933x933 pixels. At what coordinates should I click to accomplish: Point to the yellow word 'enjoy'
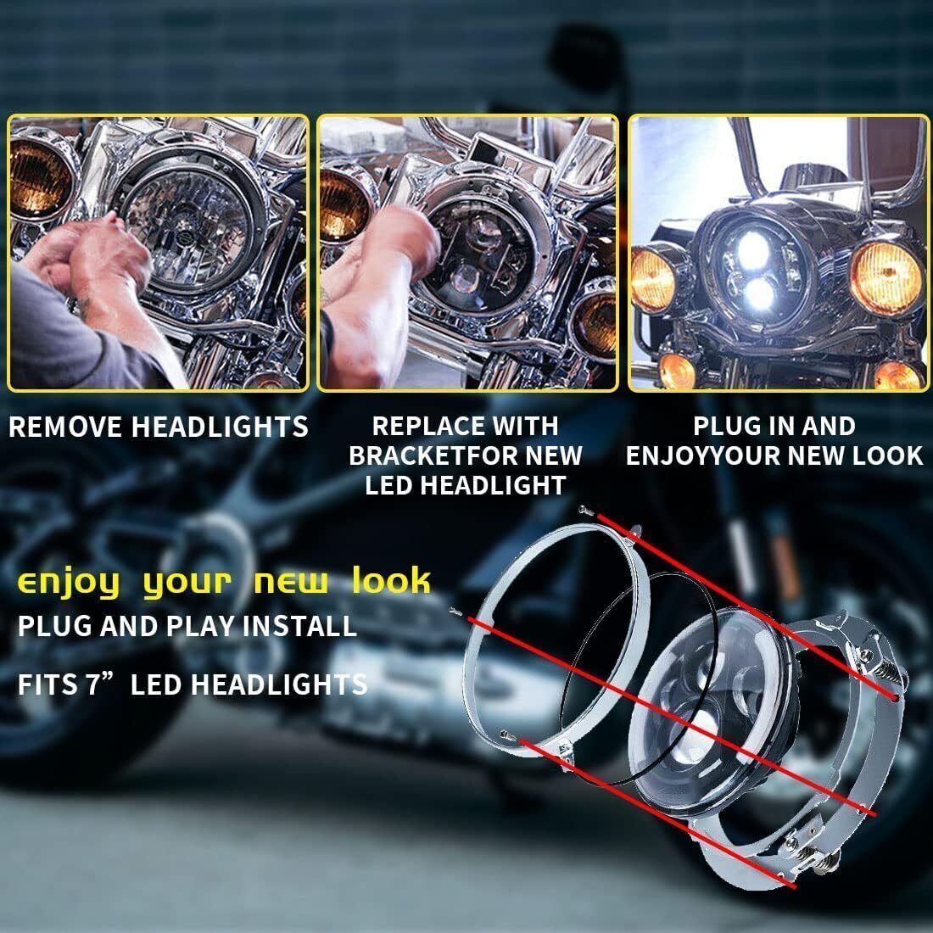[x=68, y=584]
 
